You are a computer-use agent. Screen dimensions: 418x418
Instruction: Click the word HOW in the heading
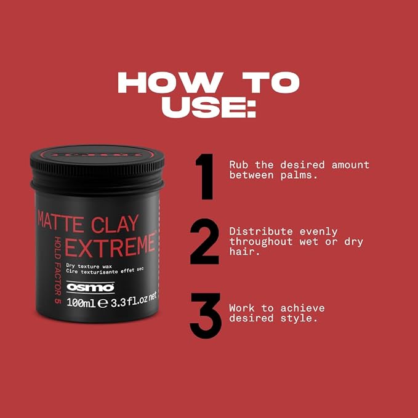tap(171, 82)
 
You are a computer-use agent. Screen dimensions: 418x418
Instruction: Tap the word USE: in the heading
tap(209, 107)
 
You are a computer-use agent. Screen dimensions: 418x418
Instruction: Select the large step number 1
tap(205, 177)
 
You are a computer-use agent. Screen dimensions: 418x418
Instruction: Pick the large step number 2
tap(204, 241)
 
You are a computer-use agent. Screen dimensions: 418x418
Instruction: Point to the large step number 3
tap(205, 316)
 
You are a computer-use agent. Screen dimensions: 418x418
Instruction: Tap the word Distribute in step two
tap(261, 231)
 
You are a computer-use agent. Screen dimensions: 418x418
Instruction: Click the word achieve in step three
tap(302, 308)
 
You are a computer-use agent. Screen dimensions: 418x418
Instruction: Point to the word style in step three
tap(296, 318)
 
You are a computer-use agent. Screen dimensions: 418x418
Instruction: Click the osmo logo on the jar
tap(90, 287)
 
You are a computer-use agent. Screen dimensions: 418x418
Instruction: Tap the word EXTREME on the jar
tap(110, 246)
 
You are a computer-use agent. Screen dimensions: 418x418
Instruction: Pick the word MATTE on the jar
tap(61, 221)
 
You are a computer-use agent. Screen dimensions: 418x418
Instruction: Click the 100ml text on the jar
tap(81, 302)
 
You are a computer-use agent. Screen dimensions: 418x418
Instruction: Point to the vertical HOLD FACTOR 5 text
tap(58, 270)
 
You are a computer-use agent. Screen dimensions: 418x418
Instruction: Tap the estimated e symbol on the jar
tap(103, 303)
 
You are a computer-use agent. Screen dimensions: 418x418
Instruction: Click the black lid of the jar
tap(97, 169)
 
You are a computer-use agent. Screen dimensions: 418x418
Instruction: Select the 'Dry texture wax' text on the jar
tap(89, 266)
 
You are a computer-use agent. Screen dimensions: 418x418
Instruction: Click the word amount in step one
tap(350, 165)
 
